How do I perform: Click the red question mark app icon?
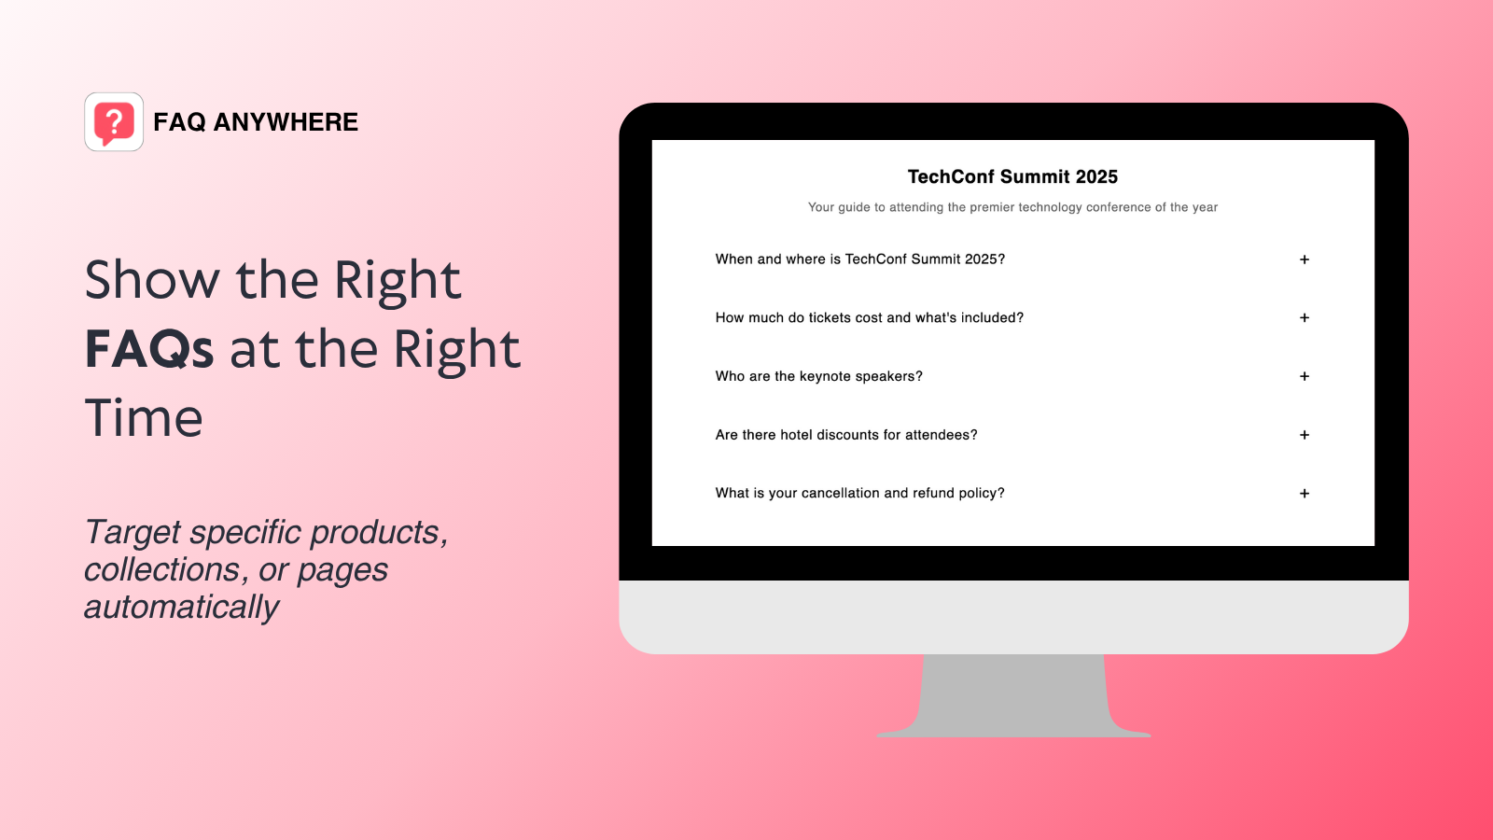pyautogui.click(x=114, y=122)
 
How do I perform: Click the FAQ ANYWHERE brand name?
pyautogui.click(x=256, y=122)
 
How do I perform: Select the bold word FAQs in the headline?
pyautogui.click(x=149, y=349)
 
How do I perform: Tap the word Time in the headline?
pyautogui.click(x=144, y=417)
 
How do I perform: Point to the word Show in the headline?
pyautogui.click(x=153, y=280)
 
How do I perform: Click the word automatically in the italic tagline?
pyautogui.click(x=182, y=608)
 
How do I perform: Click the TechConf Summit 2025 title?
pyautogui.click(x=1012, y=177)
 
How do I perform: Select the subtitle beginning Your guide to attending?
pyautogui.click(x=1012, y=207)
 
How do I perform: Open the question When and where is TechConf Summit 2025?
pyautogui.click(x=860, y=259)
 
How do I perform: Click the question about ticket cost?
pyautogui.click(x=870, y=318)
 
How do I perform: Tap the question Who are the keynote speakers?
pyautogui.click(x=819, y=376)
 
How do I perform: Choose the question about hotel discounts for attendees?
pyautogui.click(x=846, y=435)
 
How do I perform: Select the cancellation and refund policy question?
pyautogui.click(x=860, y=493)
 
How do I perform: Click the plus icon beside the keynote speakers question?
pyautogui.click(x=1305, y=376)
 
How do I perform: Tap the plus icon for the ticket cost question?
pyautogui.click(x=1305, y=318)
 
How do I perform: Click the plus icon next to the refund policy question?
pyautogui.click(x=1305, y=494)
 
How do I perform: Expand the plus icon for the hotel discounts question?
pyautogui.click(x=1305, y=435)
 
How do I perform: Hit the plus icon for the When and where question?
pyautogui.click(x=1305, y=259)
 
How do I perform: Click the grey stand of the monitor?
pyautogui.click(x=1013, y=695)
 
